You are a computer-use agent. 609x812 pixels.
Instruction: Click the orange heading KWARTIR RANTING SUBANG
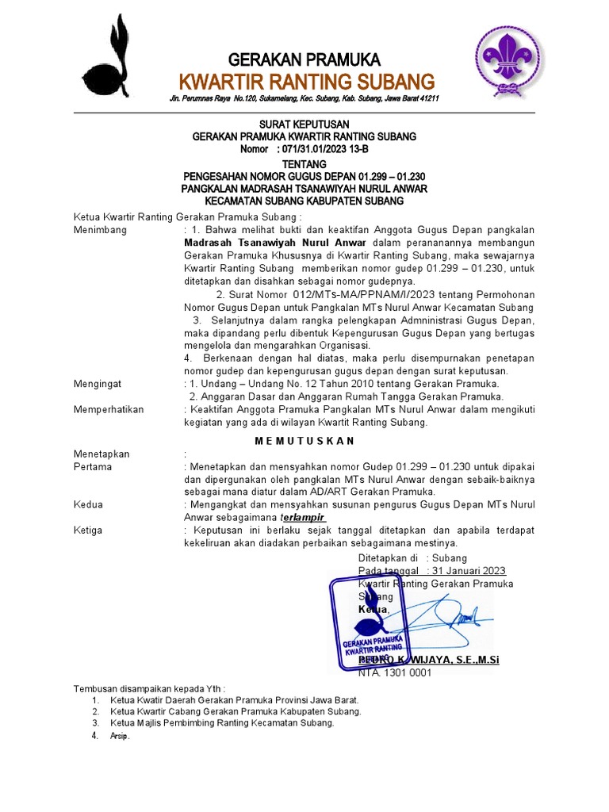306,81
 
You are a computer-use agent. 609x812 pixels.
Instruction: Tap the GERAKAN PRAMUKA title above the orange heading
304,59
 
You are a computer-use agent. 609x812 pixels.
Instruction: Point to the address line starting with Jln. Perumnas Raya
304,98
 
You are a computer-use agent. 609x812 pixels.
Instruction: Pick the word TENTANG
304,163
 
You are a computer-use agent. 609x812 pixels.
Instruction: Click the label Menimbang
99,230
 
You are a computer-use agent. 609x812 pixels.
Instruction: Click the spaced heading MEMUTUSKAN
304,440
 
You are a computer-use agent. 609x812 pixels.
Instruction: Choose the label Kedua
88,504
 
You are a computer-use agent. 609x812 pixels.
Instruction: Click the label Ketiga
88,530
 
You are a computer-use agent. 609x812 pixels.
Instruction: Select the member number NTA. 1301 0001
394,672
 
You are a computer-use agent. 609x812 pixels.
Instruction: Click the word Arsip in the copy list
119,736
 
